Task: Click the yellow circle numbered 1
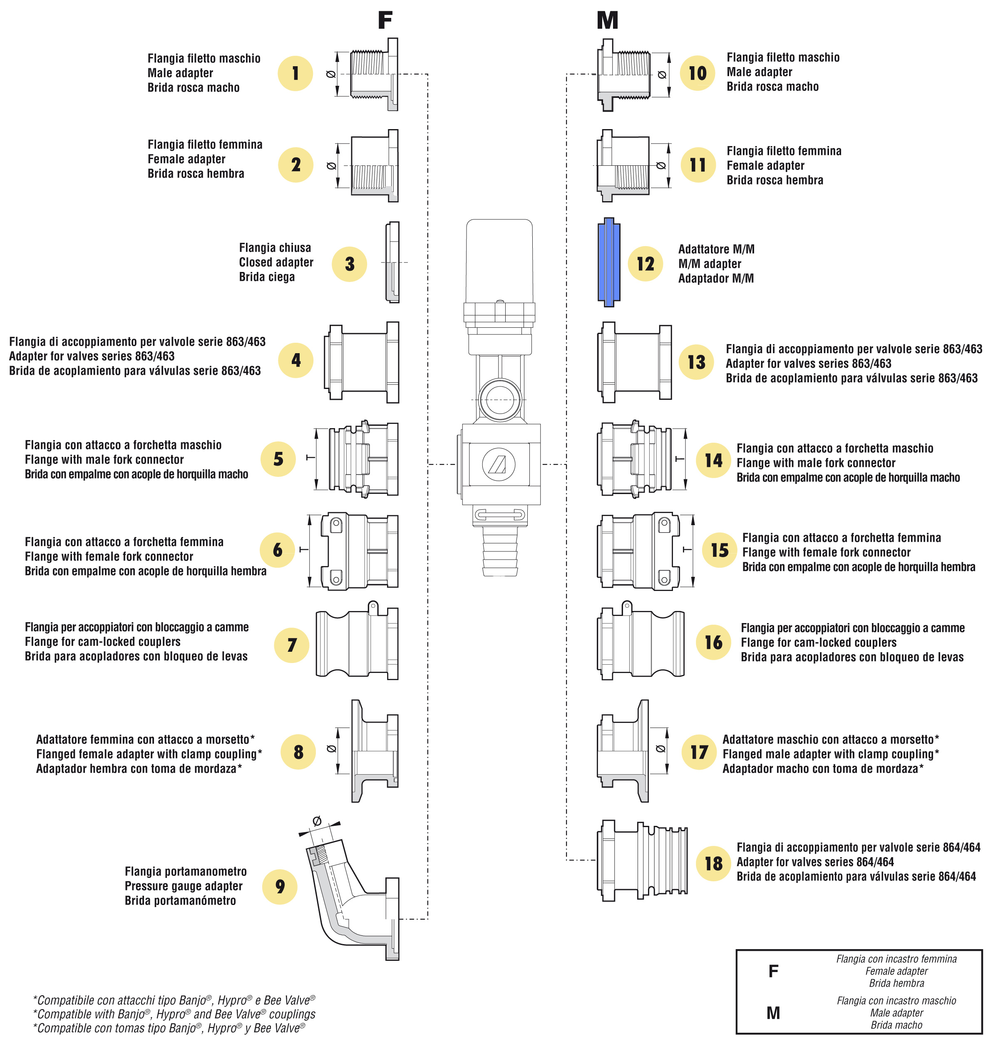[295, 73]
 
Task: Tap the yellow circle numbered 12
[645, 264]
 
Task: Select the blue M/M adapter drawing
[609, 262]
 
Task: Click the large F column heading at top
[385, 20]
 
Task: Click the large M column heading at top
[607, 20]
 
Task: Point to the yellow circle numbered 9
[280, 887]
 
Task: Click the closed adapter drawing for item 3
[392, 262]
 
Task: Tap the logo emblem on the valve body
[499, 464]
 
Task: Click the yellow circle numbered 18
[713, 863]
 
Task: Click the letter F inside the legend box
[773, 971]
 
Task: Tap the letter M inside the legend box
[773, 1012]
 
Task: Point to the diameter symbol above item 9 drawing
[317, 821]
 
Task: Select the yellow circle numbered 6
[277, 550]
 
